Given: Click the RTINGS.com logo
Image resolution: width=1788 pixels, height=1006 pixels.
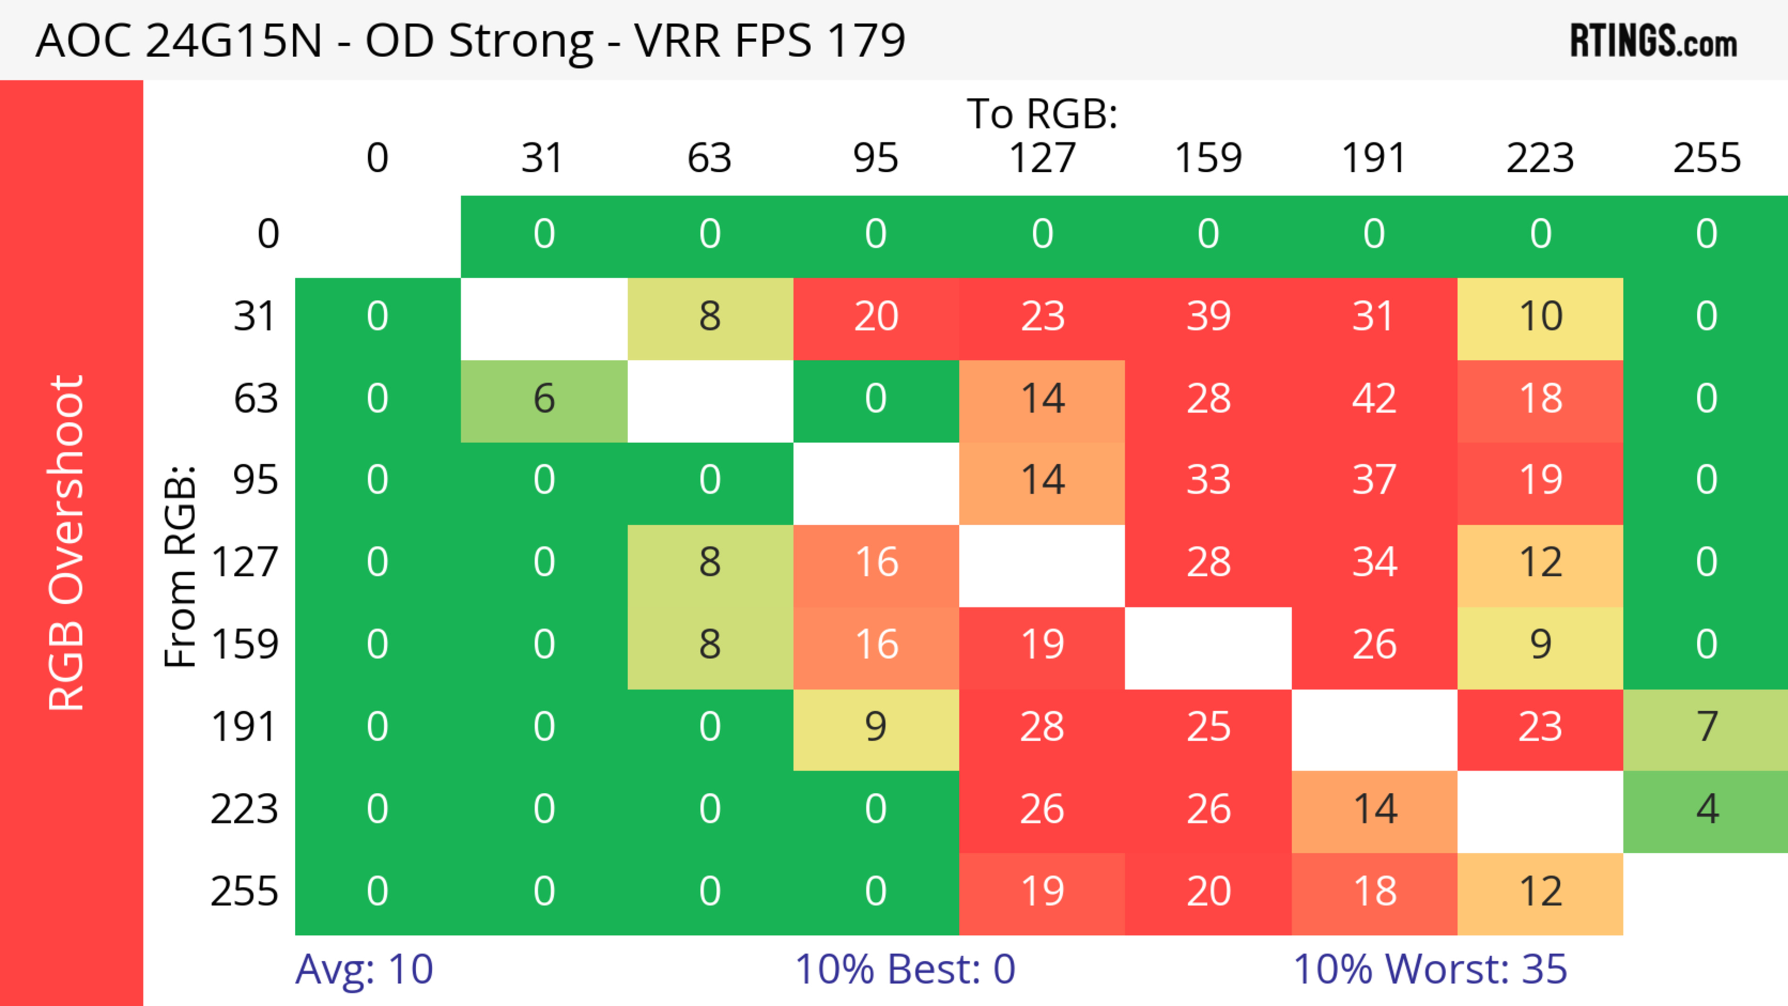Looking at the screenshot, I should [1653, 41].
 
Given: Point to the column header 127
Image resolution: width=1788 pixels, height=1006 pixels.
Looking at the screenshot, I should [1042, 158].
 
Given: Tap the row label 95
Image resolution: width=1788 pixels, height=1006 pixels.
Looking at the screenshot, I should [256, 480].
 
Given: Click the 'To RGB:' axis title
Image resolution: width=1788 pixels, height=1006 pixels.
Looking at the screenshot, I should [1042, 114].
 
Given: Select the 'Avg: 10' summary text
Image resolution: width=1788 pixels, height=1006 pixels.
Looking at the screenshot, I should [365, 969].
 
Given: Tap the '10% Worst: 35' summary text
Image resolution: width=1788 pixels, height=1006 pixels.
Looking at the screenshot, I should [1430, 969].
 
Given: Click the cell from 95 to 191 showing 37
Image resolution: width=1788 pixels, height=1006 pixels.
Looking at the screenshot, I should [1375, 480].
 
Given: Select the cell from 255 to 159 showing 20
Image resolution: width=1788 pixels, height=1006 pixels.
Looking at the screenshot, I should [1208, 891].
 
